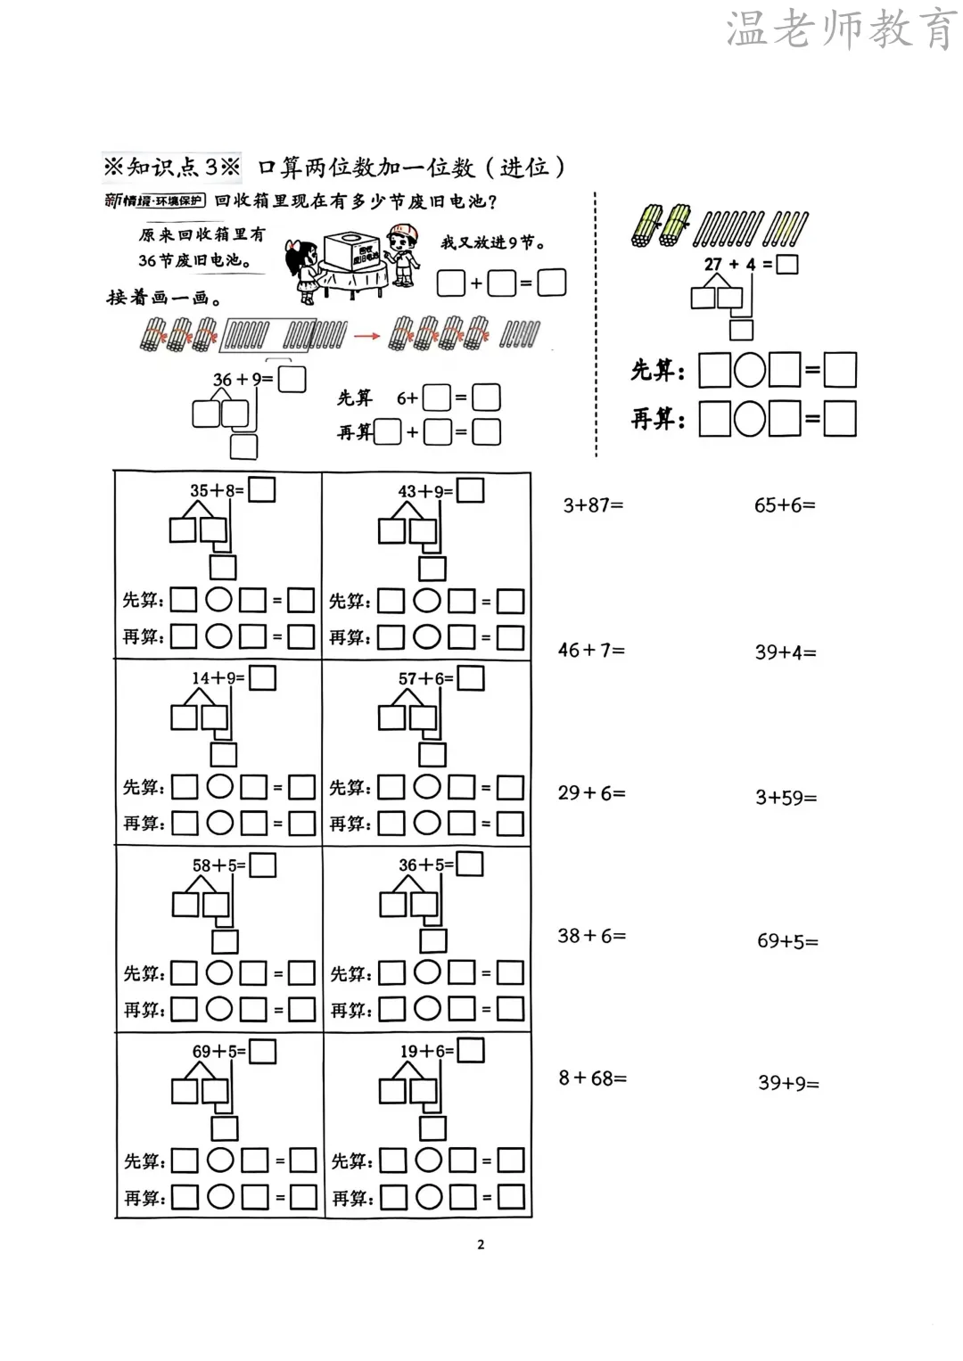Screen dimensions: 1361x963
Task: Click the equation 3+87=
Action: pos(593,505)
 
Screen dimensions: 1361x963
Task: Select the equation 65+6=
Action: pos(785,505)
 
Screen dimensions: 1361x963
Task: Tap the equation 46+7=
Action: pos(591,651)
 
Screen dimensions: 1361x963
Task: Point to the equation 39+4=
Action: pos(786,652)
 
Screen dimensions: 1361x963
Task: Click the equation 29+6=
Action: pos(591,792)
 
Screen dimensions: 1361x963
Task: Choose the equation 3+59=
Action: pos(786,798)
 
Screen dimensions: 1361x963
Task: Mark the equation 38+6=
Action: pos(591,936)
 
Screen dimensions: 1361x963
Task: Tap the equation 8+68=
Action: pos(592,1078)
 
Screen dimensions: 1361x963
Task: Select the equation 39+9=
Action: pos(788,1083)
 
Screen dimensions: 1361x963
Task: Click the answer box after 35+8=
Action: pos(262,489)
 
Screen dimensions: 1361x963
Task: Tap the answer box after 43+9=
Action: pos(471,490)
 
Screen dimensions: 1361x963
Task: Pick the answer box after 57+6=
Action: pos(471,678)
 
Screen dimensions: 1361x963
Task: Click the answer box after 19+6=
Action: pos(471,1051)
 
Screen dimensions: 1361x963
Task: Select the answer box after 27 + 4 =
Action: pos(787,264)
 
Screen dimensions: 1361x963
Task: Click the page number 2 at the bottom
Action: pos(481,1244)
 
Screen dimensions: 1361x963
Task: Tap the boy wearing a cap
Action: pos(401,255)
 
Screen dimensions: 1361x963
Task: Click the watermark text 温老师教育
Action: pos(840,29)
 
